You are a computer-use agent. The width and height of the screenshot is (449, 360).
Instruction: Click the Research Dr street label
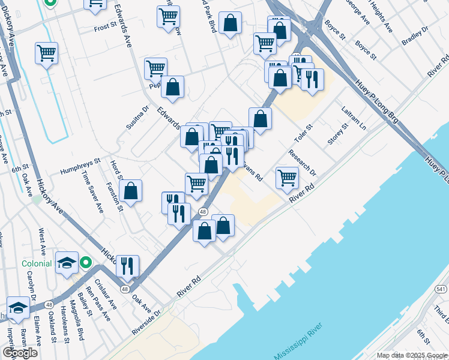click(x=301, y=163)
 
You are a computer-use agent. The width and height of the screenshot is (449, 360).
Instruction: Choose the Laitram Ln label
click(x=354, y=118)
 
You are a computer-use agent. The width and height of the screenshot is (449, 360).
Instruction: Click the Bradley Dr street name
click(x=415, y=37)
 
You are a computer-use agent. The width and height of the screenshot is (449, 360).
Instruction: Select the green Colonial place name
click(x=38, y=263)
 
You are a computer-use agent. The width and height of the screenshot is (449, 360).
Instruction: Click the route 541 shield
click(x=441, y=289)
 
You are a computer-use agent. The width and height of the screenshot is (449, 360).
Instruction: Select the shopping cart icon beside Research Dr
click(x=288, y=177)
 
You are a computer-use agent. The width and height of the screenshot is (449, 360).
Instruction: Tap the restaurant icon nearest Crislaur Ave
click(x=127, y=265)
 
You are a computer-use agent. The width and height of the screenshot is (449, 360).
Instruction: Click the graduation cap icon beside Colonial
click(x=67, y=262)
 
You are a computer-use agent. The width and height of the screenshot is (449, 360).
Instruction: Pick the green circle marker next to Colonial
click(x=86, y=262)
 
